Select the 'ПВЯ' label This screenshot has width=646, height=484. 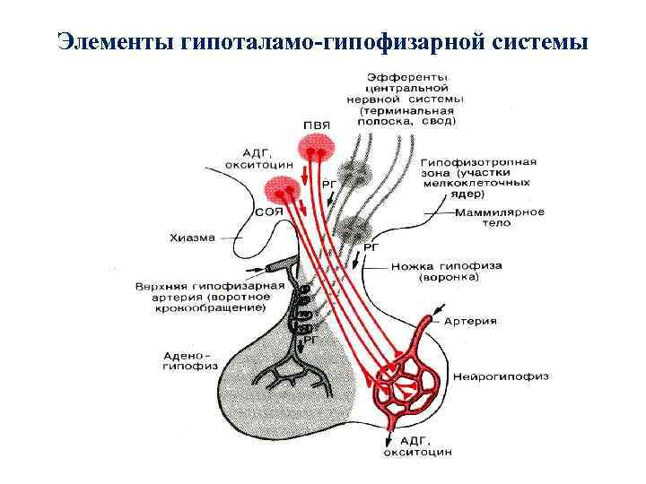tap(316, 125)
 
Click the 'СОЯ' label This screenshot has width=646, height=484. tap(269, 212)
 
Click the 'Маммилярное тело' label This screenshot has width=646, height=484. tap(500, 217)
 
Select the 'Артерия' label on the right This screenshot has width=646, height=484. tap(476, 320)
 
